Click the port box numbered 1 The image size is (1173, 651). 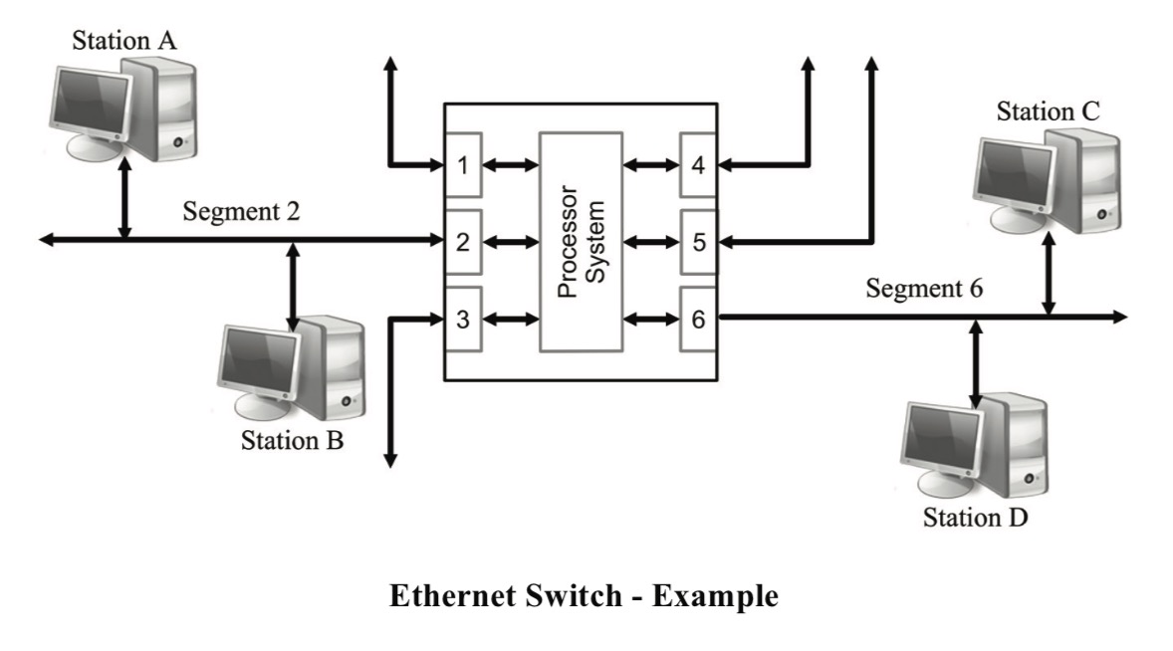(463, 164)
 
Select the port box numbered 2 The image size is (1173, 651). (463, 242)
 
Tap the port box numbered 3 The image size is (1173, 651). (463, 320)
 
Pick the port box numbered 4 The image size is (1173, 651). (698, 164)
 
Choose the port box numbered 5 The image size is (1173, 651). (698, 242)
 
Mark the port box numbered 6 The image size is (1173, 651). (698, 320)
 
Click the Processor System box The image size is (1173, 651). (582, 242)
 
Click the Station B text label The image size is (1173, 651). (292, 440)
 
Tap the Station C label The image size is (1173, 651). (1048, 111)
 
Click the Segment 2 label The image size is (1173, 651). (241, 212)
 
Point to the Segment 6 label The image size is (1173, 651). (923, 289)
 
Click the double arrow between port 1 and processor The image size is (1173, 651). (511, 164)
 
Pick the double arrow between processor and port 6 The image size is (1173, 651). (651, 320)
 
